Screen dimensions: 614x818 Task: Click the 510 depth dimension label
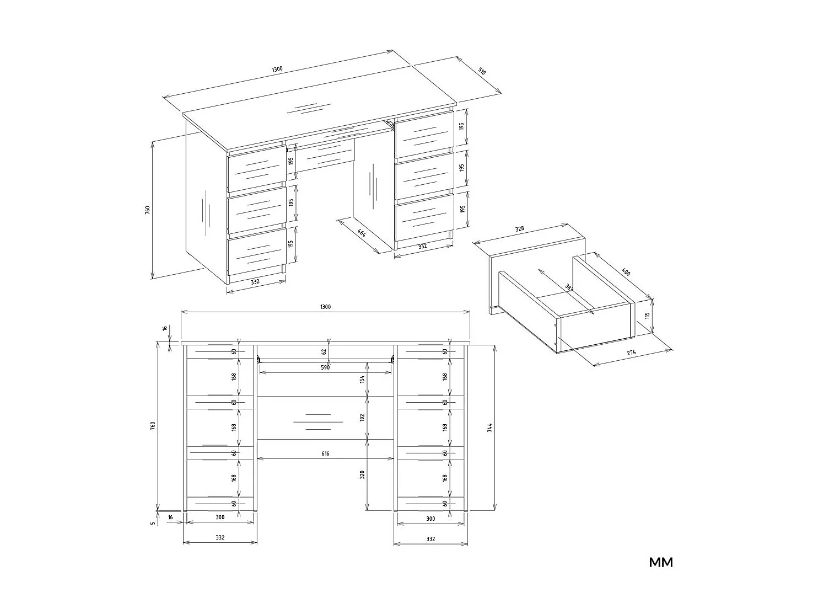[482, 71]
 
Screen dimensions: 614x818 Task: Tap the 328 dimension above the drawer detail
[520, 229]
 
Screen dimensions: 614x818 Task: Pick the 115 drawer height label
[648, 317]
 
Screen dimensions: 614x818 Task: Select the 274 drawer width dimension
[632, 353]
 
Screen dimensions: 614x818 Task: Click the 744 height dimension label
[489, 428]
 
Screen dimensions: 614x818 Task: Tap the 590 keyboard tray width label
[325, 367]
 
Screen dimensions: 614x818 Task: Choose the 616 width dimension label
[325, 453]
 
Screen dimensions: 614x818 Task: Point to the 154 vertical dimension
[362, 380]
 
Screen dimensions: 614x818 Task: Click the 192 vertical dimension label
[362, 418]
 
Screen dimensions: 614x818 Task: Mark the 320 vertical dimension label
[362, 474]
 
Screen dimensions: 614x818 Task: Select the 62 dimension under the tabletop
[325, 351]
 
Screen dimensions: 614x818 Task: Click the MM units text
[661, 562]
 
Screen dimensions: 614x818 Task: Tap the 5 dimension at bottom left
[153, 522]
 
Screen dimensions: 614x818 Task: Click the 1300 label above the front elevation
[325, 307]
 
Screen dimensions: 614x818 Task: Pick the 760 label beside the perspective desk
[147, 210]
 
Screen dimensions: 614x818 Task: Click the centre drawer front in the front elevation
[325, 418]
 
